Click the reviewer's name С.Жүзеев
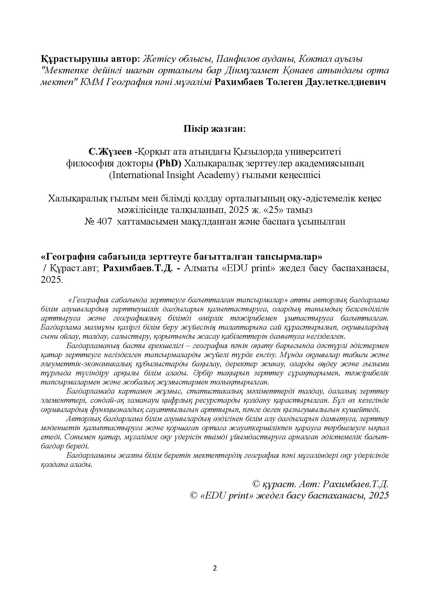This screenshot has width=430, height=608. [x=110, y=152]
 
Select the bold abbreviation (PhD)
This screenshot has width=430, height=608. [x=168, y=164]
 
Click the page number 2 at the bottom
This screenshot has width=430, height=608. [x=215, y=568]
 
